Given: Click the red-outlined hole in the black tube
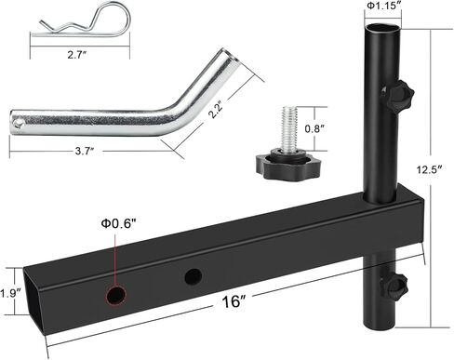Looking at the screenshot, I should [114, 295].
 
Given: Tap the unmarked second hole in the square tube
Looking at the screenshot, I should [194, 276].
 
